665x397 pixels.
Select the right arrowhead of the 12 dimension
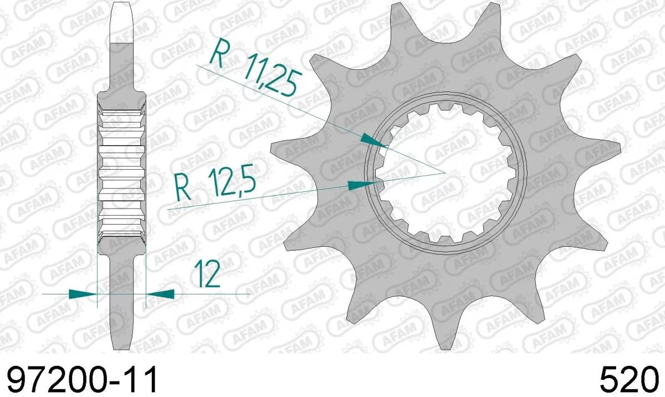tap(160, 293)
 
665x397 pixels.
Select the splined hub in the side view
tap(121, 172)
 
